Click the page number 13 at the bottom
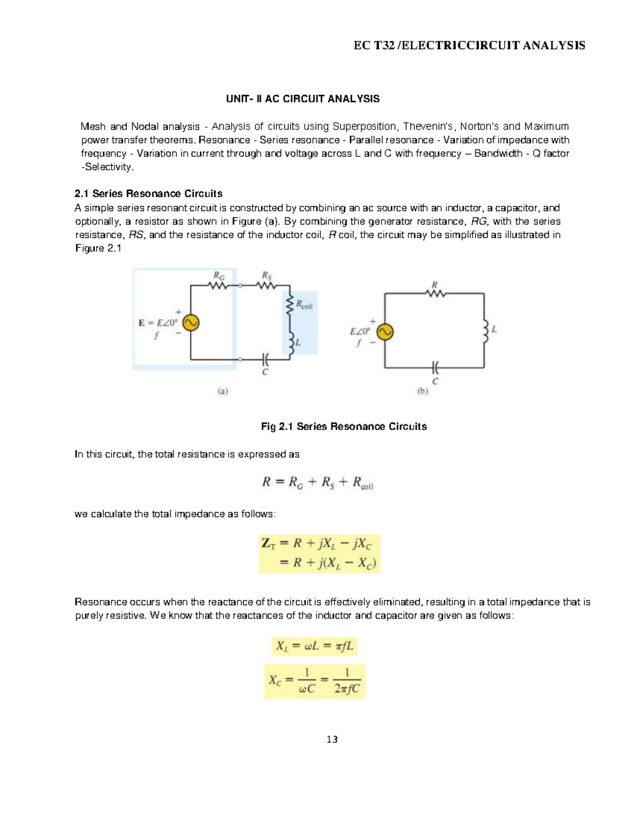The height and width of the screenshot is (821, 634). pyautogui.click(x=332, y=739)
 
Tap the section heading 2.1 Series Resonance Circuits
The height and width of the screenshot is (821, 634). pyautogui.click(x=149, y=193)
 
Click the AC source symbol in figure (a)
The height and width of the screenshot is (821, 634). pyautogui.click(x=190, y=322)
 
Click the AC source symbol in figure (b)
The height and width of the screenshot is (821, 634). pyautogui.click(x=385, y=331)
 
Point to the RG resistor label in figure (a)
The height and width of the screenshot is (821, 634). pyautogui.click(x=218, y=275)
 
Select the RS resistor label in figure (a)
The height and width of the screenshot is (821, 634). pyautogui.click(x=267, y=275)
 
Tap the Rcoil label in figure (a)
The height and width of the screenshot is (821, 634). pyautogui.click(x=304, y=305)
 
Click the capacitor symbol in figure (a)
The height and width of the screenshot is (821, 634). pyautogui.click(x=265, y=359)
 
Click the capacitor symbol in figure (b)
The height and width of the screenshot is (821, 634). pyautogui.click(x=434, y=367)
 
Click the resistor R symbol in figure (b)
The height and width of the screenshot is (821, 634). pyautogui.click(x=435, y=293)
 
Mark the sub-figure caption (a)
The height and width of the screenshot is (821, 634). pyautogui.click(x=222, y=392)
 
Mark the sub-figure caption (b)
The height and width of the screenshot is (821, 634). pyautogui.click(x=422, y=392)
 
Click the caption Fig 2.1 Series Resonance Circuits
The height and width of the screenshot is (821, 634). pyautogui.click(x=344, y=427)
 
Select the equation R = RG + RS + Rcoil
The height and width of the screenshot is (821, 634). pyautogui.click(x=318, y=483)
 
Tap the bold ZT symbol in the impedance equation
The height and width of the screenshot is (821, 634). pyautogui.click(x=268, y=543)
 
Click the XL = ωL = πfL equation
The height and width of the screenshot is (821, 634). pyautogui.click(x=315, y=645)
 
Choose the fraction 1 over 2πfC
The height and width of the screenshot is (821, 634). pyautogui.click(x=347, y=681)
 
